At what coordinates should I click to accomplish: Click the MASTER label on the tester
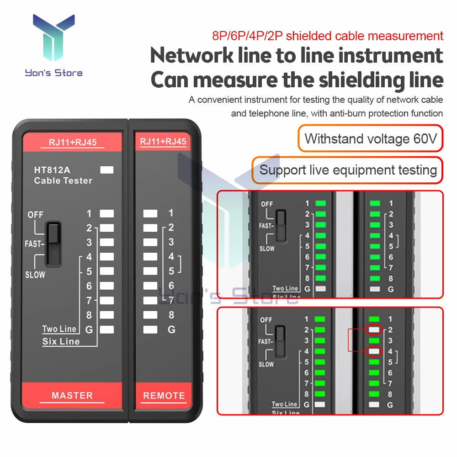pos(72,395)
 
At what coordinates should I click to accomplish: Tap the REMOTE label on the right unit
pos(164,396)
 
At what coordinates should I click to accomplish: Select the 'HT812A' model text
pos(52,170)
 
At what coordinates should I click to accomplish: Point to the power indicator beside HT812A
pos(106,170)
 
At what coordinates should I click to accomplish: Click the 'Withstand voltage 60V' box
pos(371,138)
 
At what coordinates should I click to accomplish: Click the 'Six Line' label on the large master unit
pos(61,341)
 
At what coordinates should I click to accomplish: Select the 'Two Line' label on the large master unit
pos(59,329)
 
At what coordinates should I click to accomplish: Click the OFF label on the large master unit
pos(36,214)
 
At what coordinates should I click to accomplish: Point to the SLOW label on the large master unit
pos(35,275)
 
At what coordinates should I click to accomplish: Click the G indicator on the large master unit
pos(106,329)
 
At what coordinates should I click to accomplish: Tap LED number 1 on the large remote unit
pos(150,213)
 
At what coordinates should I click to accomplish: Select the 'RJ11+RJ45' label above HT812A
pos(73,142)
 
